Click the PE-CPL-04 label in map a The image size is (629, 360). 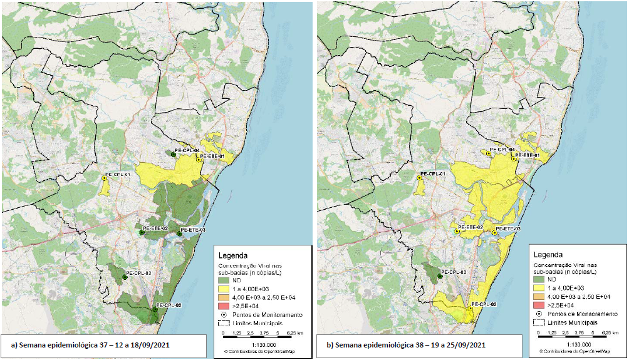click(187, 151)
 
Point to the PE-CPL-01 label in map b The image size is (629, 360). click(432, 173)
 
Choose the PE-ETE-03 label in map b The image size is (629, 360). click(508, 229)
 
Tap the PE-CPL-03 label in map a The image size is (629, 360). click(139, 273)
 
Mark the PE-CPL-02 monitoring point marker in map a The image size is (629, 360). click(155, 309)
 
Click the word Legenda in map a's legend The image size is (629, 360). click(232, 255)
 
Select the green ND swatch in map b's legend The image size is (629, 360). click(541, 279)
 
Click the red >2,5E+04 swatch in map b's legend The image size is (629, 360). click(541, 304)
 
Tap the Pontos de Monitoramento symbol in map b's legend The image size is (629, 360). click(541, 313)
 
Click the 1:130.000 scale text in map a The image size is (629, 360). click(259, 344)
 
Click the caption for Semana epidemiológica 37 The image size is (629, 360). click(88, 345)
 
